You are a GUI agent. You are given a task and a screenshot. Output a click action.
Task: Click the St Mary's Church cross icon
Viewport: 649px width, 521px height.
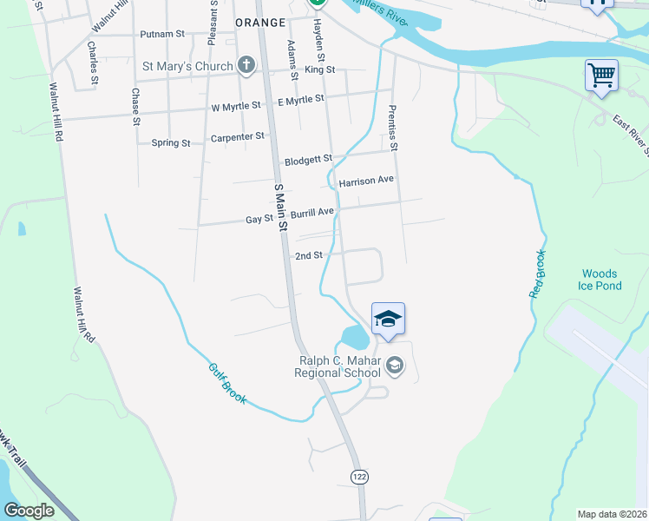coord(246,65)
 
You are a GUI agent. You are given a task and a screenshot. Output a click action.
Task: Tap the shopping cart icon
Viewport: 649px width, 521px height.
coord(601,75)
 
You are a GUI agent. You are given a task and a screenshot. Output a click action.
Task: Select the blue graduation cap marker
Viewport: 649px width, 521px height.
coord(388,320)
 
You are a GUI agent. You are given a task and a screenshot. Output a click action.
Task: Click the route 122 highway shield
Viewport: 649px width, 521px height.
coord(358,476)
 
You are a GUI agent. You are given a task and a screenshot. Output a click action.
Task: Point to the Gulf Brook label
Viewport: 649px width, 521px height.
coord(226,383)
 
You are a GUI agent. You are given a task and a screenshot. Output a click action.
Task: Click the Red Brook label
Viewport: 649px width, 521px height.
coord(539,274)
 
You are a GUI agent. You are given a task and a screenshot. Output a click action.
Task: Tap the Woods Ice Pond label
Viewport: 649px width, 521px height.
coord(601,280)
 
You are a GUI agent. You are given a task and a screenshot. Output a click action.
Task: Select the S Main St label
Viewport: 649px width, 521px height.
coord(280,207)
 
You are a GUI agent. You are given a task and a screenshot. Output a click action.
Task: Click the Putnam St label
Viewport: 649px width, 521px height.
coord(162,35)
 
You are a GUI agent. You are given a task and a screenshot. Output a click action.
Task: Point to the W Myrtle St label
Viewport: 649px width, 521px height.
coord(236,106)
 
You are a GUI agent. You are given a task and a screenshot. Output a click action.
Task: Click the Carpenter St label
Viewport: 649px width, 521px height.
coord(237,137)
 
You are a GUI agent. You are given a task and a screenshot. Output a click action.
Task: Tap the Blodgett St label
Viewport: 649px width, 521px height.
coord(308,161)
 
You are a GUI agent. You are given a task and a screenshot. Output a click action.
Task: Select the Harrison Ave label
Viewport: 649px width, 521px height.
coord(366,181)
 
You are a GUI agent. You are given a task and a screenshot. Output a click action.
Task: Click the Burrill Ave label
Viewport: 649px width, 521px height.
coord(311,212)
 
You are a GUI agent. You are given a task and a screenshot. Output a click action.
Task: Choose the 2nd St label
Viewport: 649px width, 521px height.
coord(309,256)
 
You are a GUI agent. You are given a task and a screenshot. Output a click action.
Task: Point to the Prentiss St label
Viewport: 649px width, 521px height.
coord(392,128)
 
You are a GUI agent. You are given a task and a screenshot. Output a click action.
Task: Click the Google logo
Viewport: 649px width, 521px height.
coord(29,511)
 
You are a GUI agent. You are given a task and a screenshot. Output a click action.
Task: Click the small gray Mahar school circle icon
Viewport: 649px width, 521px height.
coord(395,366)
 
